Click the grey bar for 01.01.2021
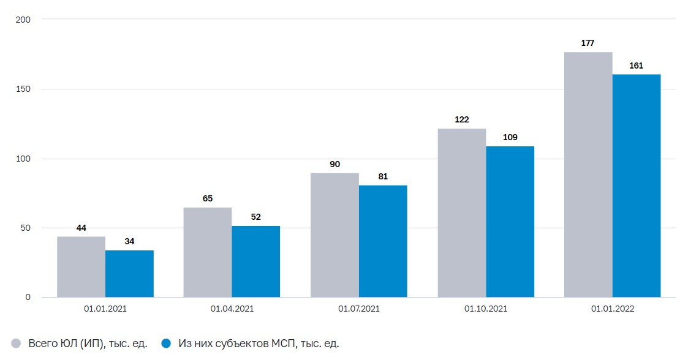click(81, 267)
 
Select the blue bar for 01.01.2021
click(129, 274)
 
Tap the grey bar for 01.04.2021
click(207, 252)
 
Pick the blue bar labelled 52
click(255, 261)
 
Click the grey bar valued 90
click(334, 235)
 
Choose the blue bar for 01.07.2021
click(383, 241)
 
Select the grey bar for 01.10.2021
click(461, 213)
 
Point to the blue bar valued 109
click(510, 222)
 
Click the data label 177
click(588, 43)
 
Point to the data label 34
click(129, 241)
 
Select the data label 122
click(461, 119)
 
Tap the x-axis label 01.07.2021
click(358, 309)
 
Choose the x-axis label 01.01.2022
click(613, 309)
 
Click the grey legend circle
click(16, 343)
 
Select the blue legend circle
click(165, 343)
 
